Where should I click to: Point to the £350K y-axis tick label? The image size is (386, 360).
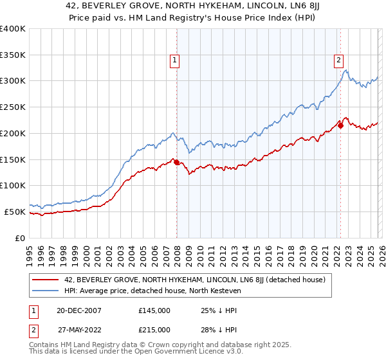(13, 55)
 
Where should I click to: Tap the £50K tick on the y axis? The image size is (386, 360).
(15, 212)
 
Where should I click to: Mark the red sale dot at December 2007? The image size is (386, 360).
(177, 163)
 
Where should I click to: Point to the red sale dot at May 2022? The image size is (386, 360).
(340, 126)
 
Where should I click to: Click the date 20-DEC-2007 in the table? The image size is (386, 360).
(78, 310)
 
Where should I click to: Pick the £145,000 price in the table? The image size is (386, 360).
(154, 310)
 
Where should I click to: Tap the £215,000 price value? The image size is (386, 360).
(154, 329)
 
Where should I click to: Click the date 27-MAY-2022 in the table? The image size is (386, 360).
(78, 329)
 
